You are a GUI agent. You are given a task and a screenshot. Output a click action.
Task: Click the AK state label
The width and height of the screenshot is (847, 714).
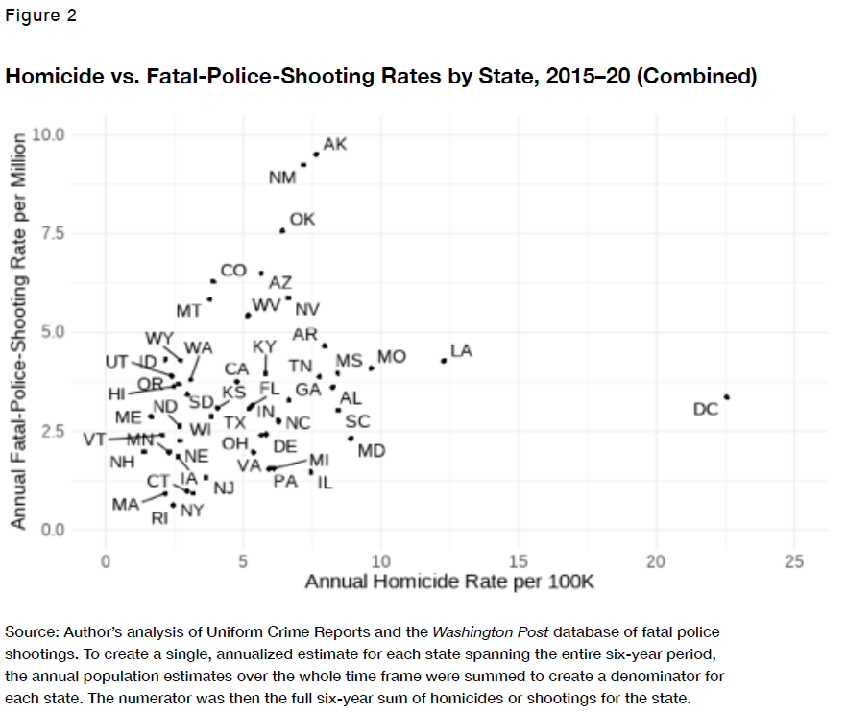pos(335,144)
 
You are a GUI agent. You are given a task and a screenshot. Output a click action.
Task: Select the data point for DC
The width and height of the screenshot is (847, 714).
pos(727,396)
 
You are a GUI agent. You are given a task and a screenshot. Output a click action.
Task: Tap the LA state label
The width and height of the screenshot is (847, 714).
pos(461,351)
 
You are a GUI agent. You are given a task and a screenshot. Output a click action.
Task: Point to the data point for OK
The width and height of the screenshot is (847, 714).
pos(282,230)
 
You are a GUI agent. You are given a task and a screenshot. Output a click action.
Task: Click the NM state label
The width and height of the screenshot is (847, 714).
pos(282,178)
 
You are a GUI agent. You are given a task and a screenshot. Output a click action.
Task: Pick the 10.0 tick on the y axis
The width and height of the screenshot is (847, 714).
pos(47,133)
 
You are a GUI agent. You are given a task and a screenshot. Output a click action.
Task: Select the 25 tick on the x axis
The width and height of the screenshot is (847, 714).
pos(793,561)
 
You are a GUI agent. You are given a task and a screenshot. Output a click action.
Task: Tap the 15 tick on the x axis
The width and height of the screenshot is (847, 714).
pos(519,561)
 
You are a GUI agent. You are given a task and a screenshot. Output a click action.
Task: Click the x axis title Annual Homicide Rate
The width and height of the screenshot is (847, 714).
pos(450,583)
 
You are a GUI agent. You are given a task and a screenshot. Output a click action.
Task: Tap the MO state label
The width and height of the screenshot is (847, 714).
pos(392,357)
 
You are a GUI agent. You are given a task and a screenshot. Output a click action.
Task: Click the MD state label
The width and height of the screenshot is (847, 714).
pos(372,449)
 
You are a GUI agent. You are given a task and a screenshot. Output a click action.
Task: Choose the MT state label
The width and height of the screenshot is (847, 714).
pos(189,311)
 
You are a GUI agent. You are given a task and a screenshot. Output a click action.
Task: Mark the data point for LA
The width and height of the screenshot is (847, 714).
pos(444,361)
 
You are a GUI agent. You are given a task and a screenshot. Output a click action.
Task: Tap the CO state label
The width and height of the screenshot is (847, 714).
pos(233,271)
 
